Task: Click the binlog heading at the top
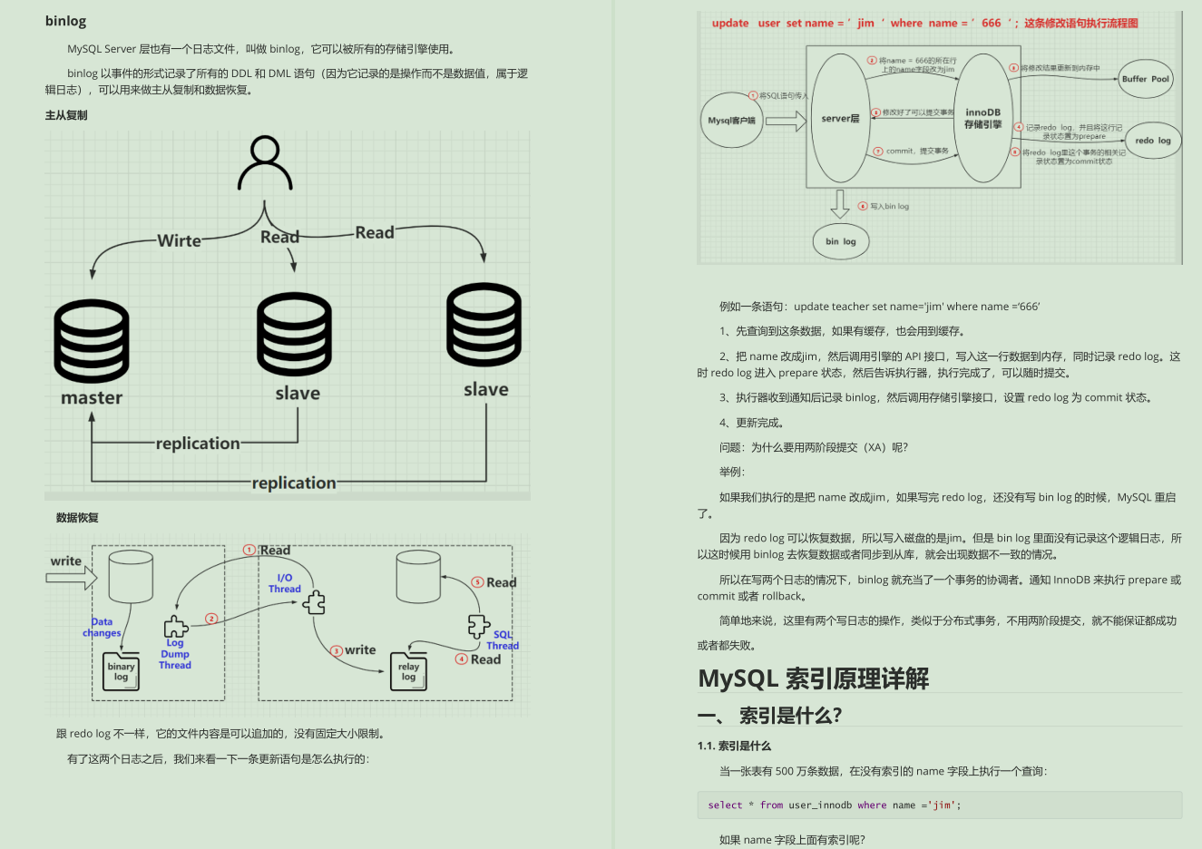pos(65,21)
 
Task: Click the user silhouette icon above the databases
pos(265,162)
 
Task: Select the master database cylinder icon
pos(92,340)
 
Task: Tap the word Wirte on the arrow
pos(179,240)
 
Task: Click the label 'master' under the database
pos(92,398)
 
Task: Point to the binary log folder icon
pos(122,671)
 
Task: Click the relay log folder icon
pos(408,671)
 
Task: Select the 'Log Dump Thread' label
pos(175,654)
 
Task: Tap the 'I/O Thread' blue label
pos(284,583)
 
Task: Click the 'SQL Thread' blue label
pos(503,640)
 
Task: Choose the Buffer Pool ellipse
pos(1145,79)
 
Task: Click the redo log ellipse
pos(1153,141)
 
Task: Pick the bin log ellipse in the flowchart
pos(840,241)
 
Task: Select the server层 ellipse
pos(840,119)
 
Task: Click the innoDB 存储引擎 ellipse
pos(982,119)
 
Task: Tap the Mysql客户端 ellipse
pos(731,120)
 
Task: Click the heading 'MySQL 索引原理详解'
pos(813,678)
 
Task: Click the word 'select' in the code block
pos(725,805)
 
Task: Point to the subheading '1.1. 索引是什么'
pos(734,746)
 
